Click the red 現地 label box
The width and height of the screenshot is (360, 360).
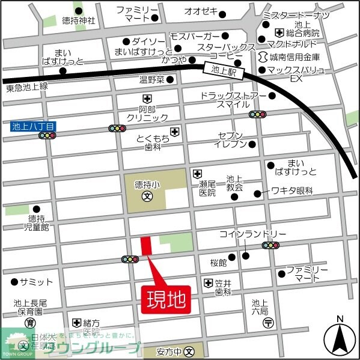click(x=166, y=297)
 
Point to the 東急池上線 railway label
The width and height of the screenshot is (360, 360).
click(x=26, y=88)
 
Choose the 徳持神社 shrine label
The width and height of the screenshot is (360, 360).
click(x=75, y=20)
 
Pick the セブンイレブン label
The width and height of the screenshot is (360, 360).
click(x=231, y=139)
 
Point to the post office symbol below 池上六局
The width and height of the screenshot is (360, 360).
click(x=268, y=323)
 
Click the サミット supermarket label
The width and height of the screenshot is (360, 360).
click(x=35, y=281)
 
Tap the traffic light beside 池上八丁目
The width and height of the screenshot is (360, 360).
click(x=47, y=136)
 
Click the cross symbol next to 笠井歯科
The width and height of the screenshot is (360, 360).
click(x=208, y=282)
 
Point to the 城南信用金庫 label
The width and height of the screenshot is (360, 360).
click(x=295, y=58)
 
